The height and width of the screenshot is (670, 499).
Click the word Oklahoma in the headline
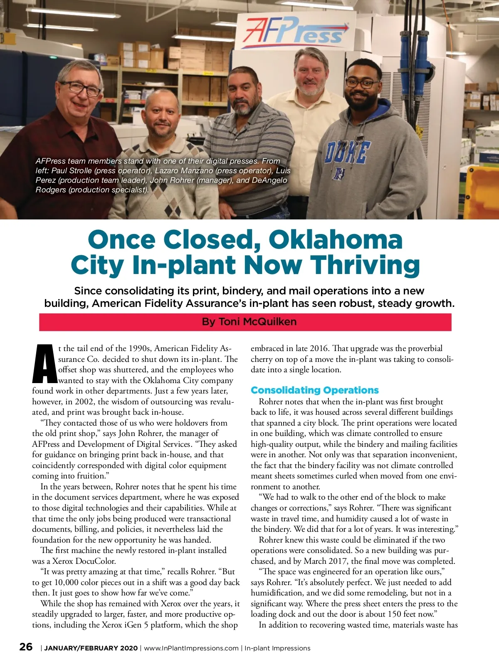[x=336, y=240]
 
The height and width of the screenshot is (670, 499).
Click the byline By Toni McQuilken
[x=249, y=322]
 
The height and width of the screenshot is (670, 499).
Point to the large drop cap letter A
[x=44, y=364]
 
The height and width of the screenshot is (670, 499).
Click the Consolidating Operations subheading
[x=314, y=390]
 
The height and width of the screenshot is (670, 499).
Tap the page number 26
[x=26, y=647]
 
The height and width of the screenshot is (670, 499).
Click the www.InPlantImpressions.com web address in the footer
[x=191, y=648]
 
